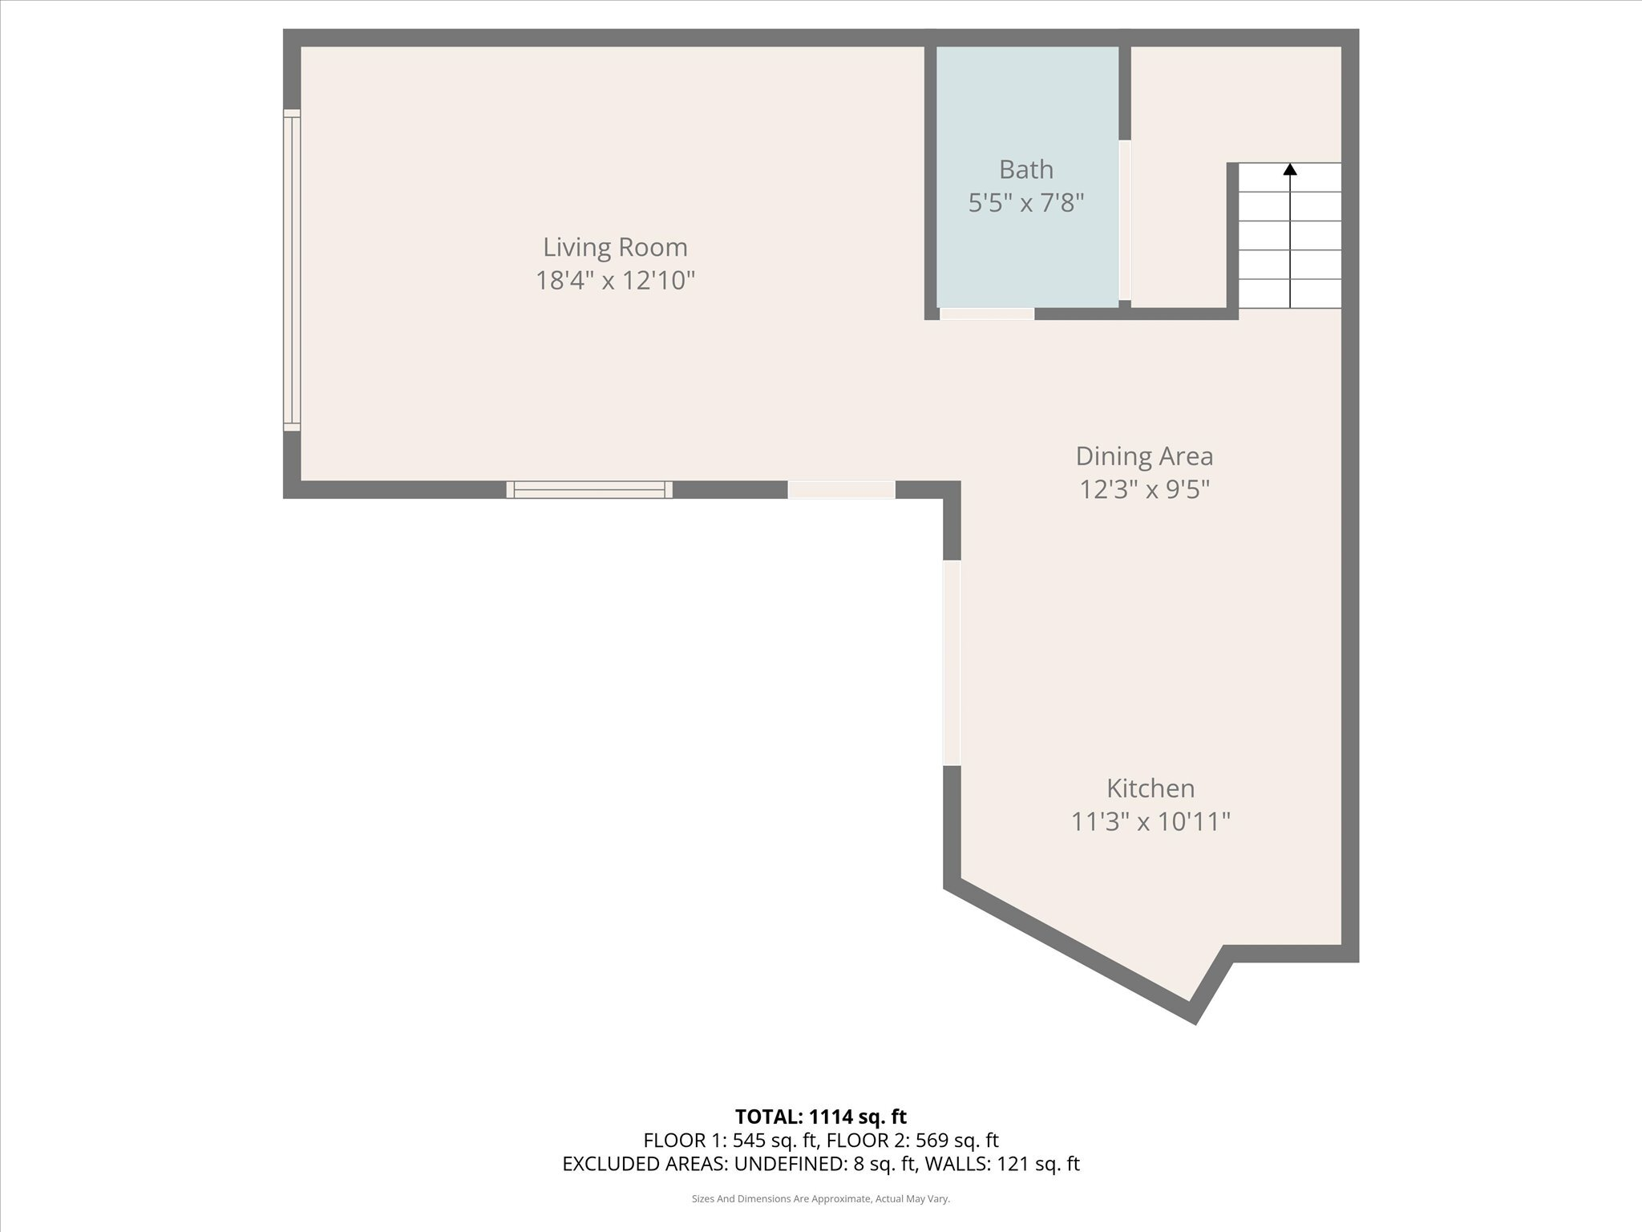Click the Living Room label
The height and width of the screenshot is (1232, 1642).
pyautogui.click(x=615, y=247)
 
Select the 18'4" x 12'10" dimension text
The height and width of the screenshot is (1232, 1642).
pyautogui.click(x=615, y=281)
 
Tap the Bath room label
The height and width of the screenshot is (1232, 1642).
pyautogui.click(x=1025, y=169)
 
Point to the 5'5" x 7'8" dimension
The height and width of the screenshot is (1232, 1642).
pyautogui.click(x=1025, y=203)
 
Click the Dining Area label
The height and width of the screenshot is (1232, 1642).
pyautogui.click(x=1144, y=456)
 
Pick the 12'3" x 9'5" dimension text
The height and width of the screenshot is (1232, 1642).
pyautogui.click(x=1144, y=489)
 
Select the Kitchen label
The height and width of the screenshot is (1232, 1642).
pyautogui.click(x=1151, y=788)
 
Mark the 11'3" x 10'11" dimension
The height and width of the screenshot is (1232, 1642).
pyautogui.click(x=1151, y=821)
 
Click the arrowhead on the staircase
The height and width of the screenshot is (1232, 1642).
pyautogui.click(x=1290, y=169)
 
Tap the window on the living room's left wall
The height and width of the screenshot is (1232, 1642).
pyautogui.click(x=292, y=270)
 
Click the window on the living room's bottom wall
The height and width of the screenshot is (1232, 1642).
pyautogui.click(x=589, y=489)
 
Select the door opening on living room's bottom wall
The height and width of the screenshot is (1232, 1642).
pyautogui.click(x=841, y=489)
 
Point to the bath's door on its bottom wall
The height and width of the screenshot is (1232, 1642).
pyautogui.click(x=986, y=314)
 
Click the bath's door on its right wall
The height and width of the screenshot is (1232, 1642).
pyautogui.click(x=1124, y=221)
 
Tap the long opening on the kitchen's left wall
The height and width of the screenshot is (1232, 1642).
pyautogui.click(x=952, y=662)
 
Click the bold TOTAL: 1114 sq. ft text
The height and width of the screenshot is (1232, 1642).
pyautogui.click(x=820, y=1116)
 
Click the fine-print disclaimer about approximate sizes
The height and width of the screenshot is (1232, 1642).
pyautogui.click(x=820, y=1199)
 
